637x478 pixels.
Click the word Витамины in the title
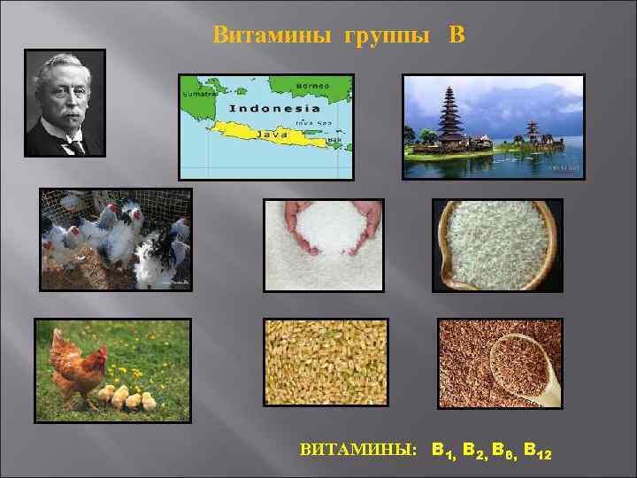[257, 35]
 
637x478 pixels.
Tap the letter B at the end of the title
[457, 35]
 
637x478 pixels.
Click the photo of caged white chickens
[115, 239]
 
